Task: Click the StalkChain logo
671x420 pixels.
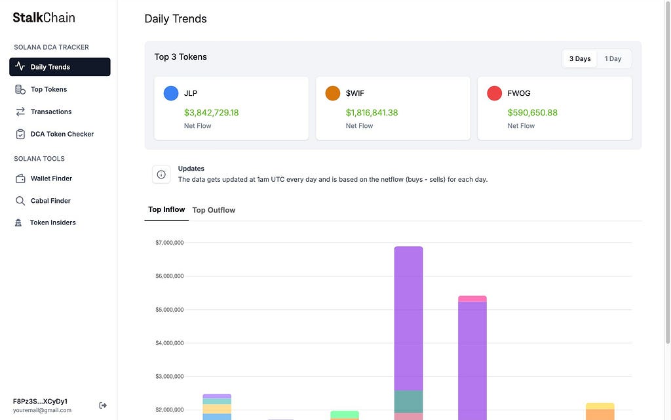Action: (44, 18)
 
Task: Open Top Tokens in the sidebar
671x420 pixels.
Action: (48, 89)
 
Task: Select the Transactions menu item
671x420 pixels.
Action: (51, 112)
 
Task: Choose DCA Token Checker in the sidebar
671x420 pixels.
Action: (62, 134)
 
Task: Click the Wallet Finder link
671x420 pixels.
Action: (51, 178)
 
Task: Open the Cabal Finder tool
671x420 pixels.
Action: (50, 201)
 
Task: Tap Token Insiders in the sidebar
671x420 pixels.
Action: (52, 222)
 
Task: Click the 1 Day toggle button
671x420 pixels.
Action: (613, 58)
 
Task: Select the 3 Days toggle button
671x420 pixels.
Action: (580, 58)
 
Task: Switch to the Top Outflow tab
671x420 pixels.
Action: (214, 210)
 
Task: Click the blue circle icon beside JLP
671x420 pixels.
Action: (171, 93)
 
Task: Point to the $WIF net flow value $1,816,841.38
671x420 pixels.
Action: (372, 112)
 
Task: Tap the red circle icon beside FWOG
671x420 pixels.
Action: (494, 93)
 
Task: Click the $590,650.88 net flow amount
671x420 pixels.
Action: (532, 112)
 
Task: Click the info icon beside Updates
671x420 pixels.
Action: (161, 175)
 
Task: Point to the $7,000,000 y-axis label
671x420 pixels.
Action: (170, 243)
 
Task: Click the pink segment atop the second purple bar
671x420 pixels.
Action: (472, 299)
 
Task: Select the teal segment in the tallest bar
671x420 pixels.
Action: (409, 402)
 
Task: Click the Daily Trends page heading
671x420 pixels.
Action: (176, 19)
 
